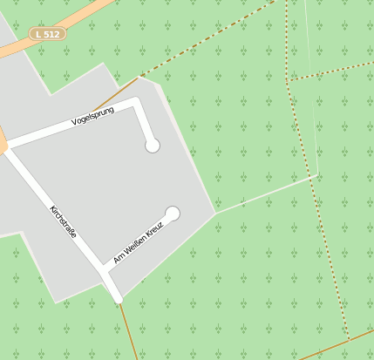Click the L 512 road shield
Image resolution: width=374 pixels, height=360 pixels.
pos(48,33)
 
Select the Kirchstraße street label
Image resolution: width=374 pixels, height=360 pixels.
pos(64,221)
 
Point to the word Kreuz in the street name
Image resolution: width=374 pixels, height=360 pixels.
pos(153,230)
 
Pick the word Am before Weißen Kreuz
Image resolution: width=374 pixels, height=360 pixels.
pos(118,258)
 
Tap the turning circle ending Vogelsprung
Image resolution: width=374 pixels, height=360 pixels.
pos(153,146)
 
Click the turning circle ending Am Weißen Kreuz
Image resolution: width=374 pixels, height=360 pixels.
pos(173,214)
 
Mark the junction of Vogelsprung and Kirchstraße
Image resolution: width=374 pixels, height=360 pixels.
pos(7,147)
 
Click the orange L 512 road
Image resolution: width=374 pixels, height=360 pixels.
pos(87,12)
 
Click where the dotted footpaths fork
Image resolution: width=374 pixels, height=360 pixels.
pos(287,81)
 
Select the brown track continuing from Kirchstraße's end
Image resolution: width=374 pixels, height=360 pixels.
pos(128,331)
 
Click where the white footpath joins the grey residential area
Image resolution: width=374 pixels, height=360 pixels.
pos(216,211)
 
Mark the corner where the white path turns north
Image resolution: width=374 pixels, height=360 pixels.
pos(316,175)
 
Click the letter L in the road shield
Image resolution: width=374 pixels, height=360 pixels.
pos(38,33)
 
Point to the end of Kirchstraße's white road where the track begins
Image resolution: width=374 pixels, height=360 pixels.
pos(118,300)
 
